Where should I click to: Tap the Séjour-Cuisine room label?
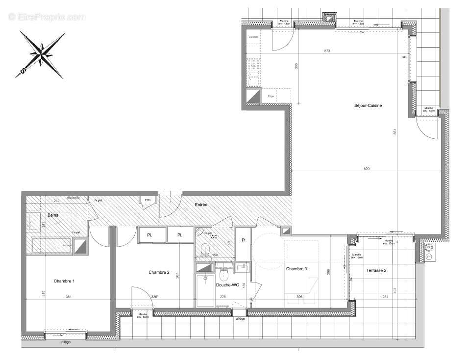pos(368,106)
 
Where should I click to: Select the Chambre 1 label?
pos(64,281)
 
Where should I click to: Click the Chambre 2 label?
pos(159,272)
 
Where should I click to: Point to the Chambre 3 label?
pos(296,269)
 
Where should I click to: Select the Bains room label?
pos(53,215)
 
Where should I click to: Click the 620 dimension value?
pos(367,169)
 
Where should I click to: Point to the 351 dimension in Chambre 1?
pos(69,296)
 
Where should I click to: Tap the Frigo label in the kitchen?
pos(271,97)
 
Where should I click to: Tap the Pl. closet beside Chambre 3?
pos(243,240)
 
